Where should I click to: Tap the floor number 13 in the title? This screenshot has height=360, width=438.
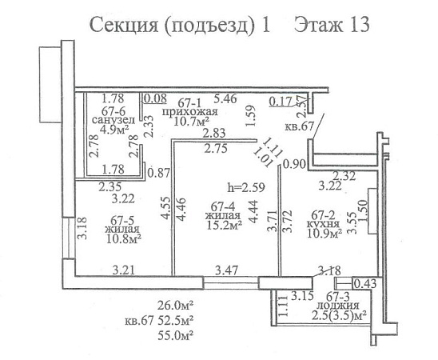point(359,24)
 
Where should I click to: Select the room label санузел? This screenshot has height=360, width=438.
point(113,120)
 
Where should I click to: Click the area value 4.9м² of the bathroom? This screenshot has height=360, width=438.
point(114,130)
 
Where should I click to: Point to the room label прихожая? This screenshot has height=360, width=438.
point(190,112)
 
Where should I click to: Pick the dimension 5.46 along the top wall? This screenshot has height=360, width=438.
point(225,98)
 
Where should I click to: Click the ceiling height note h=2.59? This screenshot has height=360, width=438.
point(246,187)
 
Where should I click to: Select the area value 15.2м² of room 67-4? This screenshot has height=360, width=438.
point(224,226)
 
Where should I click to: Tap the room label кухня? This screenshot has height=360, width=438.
point(323,224)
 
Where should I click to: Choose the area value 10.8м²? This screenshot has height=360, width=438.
point(123,239)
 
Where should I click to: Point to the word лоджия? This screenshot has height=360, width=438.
point(339,306)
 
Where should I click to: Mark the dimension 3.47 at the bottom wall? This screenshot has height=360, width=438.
point(226,270)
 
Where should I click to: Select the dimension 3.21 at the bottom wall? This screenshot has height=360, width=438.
point(124,270)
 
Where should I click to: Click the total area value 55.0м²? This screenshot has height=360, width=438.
point(176,335)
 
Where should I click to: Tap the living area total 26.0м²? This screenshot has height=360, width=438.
point(176,306)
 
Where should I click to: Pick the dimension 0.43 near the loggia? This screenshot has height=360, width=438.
point(365,284)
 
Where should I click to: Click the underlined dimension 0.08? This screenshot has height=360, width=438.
point(155,98)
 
